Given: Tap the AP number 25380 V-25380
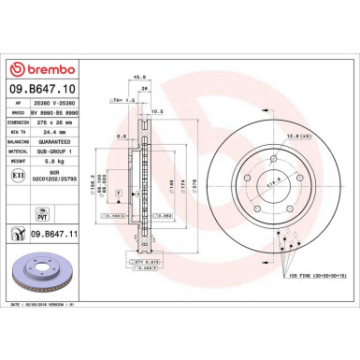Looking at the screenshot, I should point(58,102).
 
